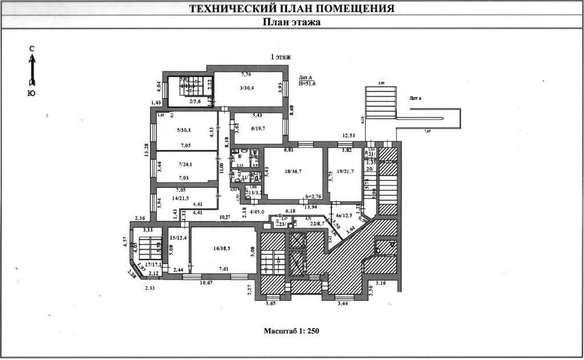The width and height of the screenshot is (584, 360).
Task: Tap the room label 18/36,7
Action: [x=294, y=171]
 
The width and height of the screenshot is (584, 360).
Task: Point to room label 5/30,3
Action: [x=183, y=130]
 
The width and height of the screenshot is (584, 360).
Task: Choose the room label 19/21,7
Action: [x=344, y=171]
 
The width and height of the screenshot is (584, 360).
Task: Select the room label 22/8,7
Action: [x=317, y=224]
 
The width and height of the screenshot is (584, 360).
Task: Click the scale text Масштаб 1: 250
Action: [x=291, y=331]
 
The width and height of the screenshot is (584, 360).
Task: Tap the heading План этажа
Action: [x=291, y=22]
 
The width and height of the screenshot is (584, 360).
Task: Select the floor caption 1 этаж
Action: [x=281, y=56]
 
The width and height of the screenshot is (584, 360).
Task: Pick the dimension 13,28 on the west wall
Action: [x=147, y=149]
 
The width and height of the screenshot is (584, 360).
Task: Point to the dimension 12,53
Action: [x=349, y=136]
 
